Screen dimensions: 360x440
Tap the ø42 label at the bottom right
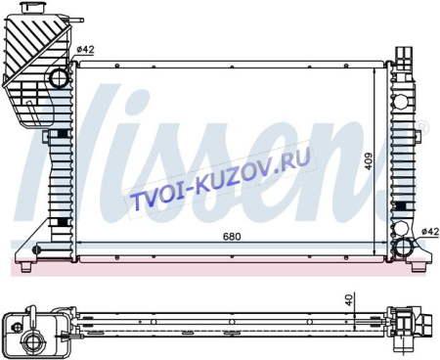click(427, 231)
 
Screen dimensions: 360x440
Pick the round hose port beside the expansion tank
click(61, 77)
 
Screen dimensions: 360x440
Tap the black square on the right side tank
click(403, 207)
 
